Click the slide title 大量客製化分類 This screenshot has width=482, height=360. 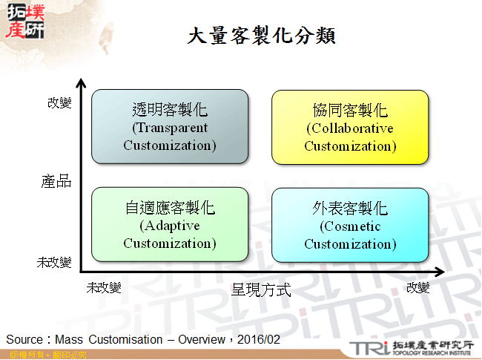tap(261, 35)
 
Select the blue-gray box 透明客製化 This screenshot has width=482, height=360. tap(170, 127)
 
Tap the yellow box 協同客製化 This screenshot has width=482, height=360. tap(350, 127)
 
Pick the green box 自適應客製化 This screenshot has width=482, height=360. tap(170, 225)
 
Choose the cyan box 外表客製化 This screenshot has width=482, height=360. tap(350, 225)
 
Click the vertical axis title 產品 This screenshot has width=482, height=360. tap(56, 180)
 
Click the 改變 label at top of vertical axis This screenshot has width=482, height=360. tap(59, 102)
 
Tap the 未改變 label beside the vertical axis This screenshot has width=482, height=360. tap(54, 263)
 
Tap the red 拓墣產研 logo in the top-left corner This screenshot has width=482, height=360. tap(24, 20)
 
